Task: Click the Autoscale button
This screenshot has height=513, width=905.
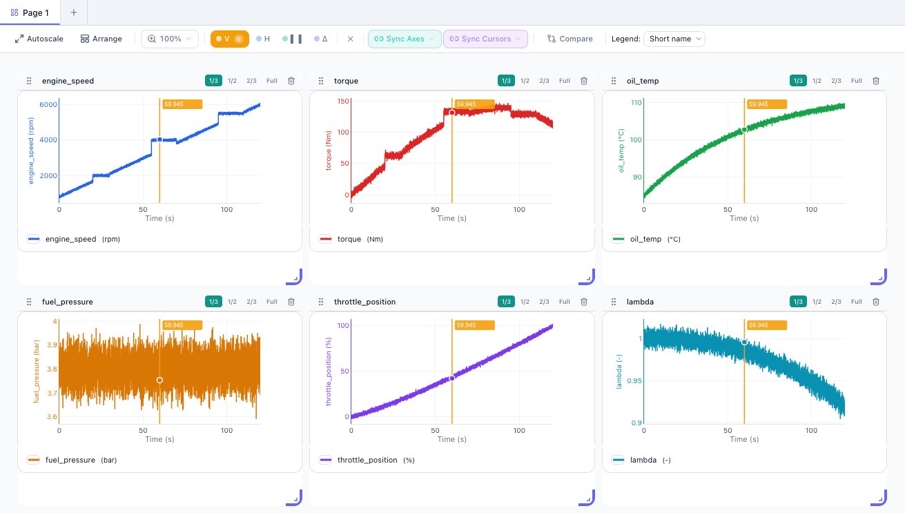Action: click(39, 39)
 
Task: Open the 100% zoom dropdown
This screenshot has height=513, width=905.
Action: click(170, 39)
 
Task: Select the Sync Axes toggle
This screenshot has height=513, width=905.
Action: click(404, 39)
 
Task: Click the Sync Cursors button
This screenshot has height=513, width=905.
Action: click(485, 39)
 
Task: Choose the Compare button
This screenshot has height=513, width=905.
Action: click(570, 39)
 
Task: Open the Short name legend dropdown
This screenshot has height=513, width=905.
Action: click(674, 39)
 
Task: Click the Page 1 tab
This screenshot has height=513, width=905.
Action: click(30, 12)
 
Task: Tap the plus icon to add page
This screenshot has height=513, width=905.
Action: click(74, 12)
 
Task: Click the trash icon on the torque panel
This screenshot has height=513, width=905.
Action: click(583, 81)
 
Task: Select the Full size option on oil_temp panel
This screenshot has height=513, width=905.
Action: click(856, 81)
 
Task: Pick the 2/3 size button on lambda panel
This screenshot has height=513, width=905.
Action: click(836, 302)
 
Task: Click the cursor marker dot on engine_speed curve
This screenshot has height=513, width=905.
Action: click(159, 139)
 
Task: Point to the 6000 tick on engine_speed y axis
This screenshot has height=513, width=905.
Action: click(47, 104)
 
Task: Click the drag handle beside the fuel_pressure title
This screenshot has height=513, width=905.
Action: click(29, 302)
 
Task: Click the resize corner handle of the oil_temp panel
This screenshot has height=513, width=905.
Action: click(878, 276)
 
